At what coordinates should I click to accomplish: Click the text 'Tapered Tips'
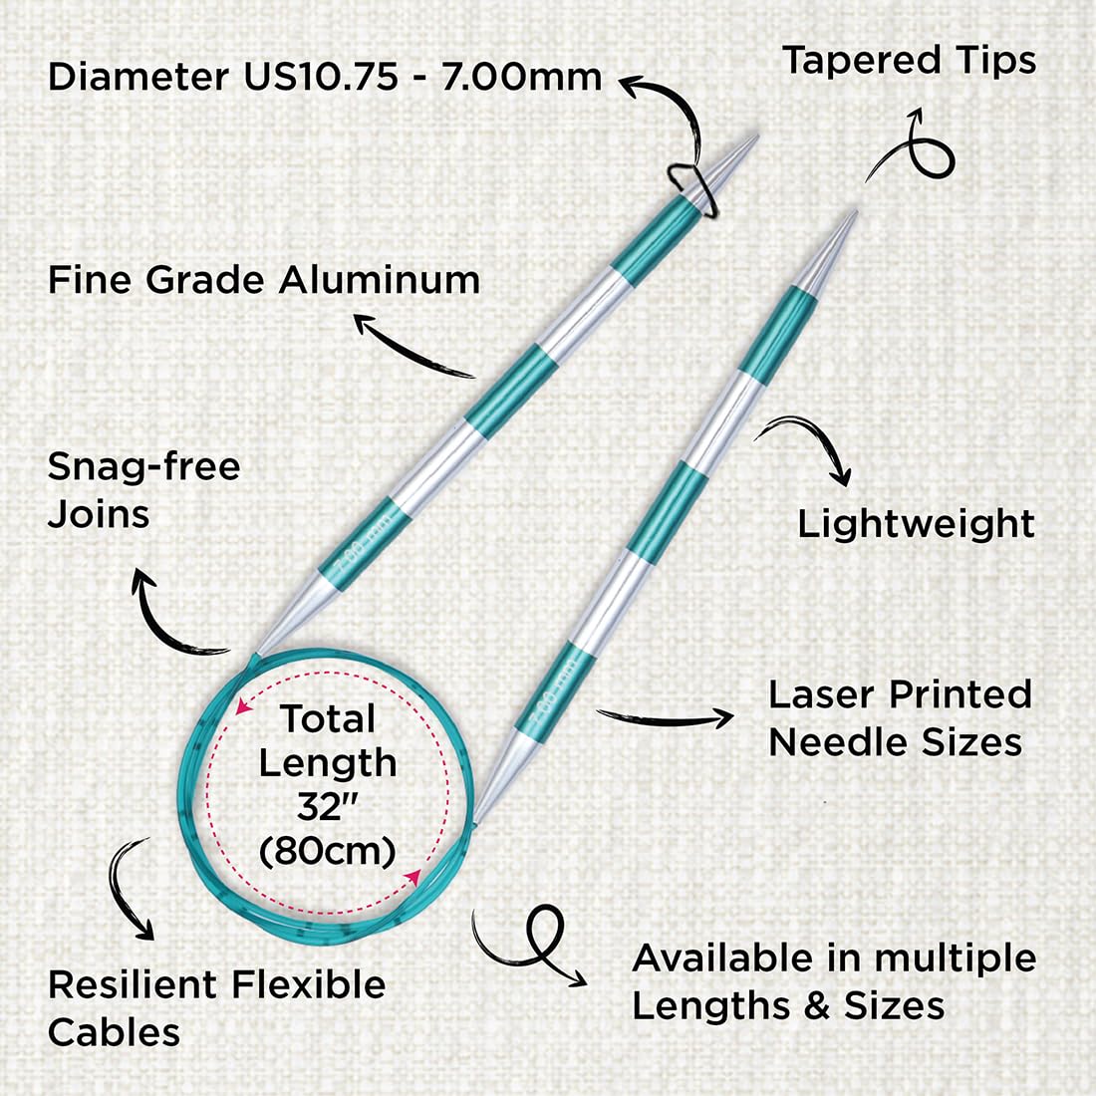(x=909, y=60)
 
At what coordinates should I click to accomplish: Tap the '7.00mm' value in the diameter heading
(x=521, y=76)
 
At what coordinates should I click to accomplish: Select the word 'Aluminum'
(x=380, y=280)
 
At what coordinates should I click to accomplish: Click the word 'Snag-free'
(x=144, y=467)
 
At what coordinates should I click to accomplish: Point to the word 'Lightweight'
(x=916, y=523)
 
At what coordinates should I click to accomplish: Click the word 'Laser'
(x=822, y=694)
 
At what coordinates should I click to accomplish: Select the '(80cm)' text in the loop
(x=327, y=851)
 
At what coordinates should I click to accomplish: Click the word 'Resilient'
(x=133, y=984)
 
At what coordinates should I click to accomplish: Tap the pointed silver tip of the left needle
(x=756, y=137)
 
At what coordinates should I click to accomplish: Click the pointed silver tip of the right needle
(x=856, y=212)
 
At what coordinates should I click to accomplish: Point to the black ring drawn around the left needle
(x=692, y=187)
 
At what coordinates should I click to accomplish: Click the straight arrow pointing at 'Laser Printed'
(x=664, y=717)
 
